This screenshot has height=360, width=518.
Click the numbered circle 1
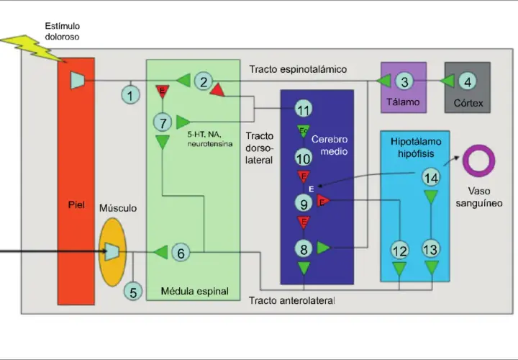click(130, 95)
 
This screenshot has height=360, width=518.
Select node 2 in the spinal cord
click(204, 81)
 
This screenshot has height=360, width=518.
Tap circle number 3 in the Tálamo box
click(404, 81)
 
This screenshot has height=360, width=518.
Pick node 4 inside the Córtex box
click(468, 81)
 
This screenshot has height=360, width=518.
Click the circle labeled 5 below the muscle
click(133, 292)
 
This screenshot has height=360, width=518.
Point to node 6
click(181, 253)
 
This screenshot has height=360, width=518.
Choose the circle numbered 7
click(163, 122)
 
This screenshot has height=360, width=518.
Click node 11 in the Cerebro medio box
click(304, 109)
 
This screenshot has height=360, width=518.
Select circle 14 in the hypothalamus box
click(431, 178)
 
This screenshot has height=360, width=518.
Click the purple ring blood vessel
click(478, 161)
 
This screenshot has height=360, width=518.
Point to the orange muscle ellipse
click(113, 252)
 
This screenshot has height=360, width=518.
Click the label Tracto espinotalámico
click(298, 69)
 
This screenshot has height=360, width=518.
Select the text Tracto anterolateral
click(291, 300)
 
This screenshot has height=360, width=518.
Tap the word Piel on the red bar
click(76, 205)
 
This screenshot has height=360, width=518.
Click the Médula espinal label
click(194, 291)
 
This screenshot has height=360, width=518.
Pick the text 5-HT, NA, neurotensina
click(210, 139)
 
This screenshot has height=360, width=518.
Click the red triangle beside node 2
click(217, 90)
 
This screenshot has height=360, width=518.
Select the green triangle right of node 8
click(324, 248)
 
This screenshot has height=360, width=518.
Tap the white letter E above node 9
click(312, 189)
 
